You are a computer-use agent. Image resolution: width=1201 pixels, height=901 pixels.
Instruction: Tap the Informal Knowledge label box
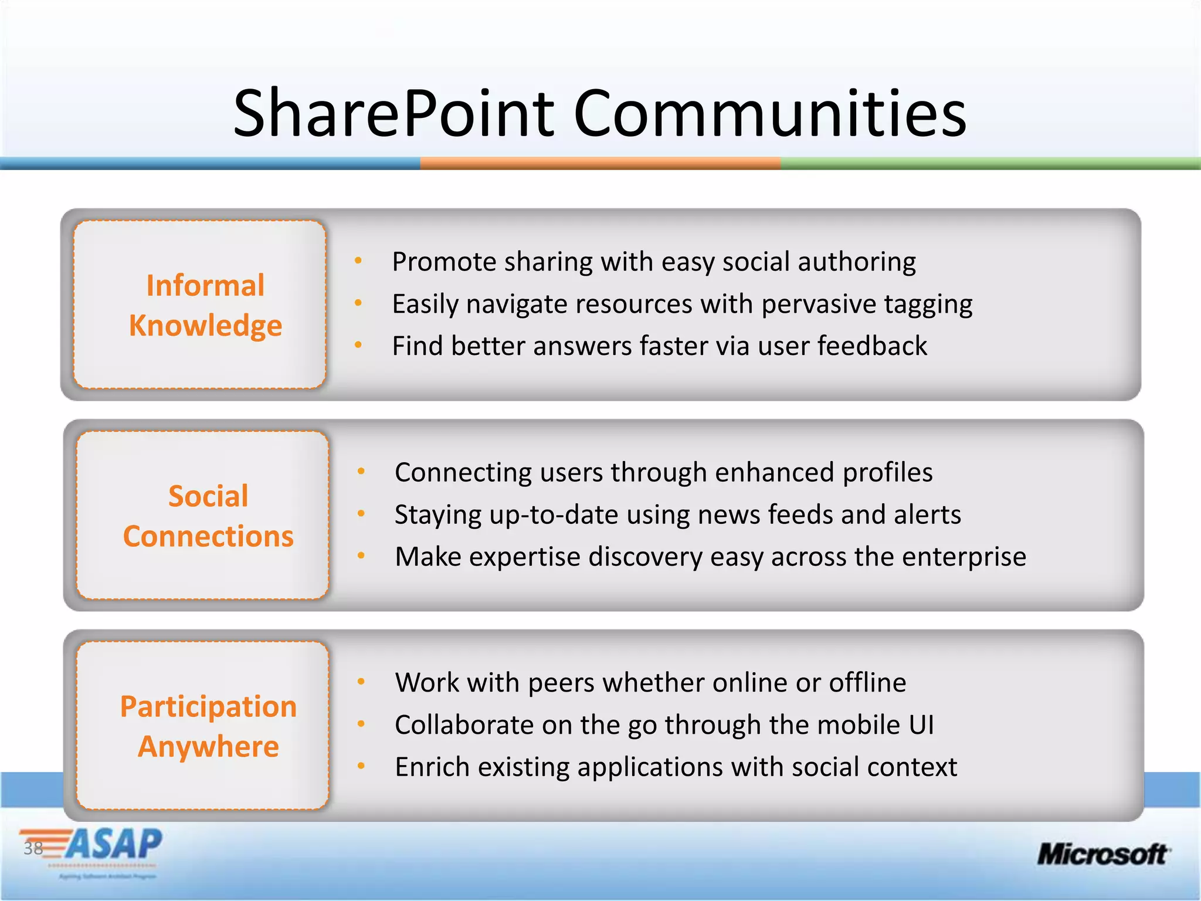[x=199, y=305]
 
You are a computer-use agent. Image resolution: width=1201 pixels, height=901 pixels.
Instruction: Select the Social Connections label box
[x=202, y=516]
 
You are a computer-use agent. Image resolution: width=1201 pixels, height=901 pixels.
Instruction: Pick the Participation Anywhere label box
[x=202, y=726]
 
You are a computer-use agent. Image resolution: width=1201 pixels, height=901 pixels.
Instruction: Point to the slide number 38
[x=33, y=848]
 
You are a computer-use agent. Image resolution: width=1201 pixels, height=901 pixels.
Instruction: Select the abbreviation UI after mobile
[x=921, y=725]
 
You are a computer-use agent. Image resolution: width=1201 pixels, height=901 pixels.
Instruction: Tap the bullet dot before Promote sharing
[x=358, y=261]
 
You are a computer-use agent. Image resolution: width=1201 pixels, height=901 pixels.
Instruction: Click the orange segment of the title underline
[x=600, y=164]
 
